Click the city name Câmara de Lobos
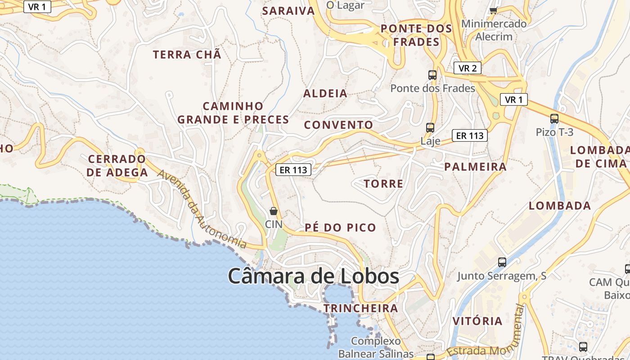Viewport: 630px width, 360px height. pyautogui.click(x=313, y=276)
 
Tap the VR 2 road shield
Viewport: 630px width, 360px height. pyautogui.click(x=468, y=68)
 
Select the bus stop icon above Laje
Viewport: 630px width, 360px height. pyautogui.click(x=430, y=127)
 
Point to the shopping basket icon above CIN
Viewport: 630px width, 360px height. pyautogui.click(x=273, y=211)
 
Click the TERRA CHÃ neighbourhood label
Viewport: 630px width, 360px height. pyautogui.click(x=187, y=55)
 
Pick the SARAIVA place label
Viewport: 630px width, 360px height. pyautogui.click(x=288, y=11)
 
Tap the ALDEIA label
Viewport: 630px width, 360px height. pyautogui.click(x=325, y=94)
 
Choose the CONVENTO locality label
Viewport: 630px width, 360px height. pyautogui.click(x=339, y=125)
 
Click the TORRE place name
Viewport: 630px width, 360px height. pyautogui.click(x=383, y=184)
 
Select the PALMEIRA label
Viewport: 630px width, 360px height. pyautogui.click(x=475, y=167)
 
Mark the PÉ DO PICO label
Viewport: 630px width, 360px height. pyautogui.click(x=340, y=228)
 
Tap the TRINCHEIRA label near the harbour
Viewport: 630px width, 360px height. pyautogui.click(x=360, y=308)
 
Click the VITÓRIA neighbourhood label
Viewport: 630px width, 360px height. pyautogui.click(x=477, y=321)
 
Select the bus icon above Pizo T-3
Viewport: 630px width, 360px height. pyautogui.click(x=554, y=119)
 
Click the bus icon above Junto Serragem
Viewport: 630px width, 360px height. pyautogui.click(x=502, y=262)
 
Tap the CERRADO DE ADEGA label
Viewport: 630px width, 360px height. pyautogui.click(x=117, y=166)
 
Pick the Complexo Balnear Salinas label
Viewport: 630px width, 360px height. pyautogui.click(x=376, y=347)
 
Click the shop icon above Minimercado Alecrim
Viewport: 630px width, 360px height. pyautogui.click(x=493, y=10)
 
